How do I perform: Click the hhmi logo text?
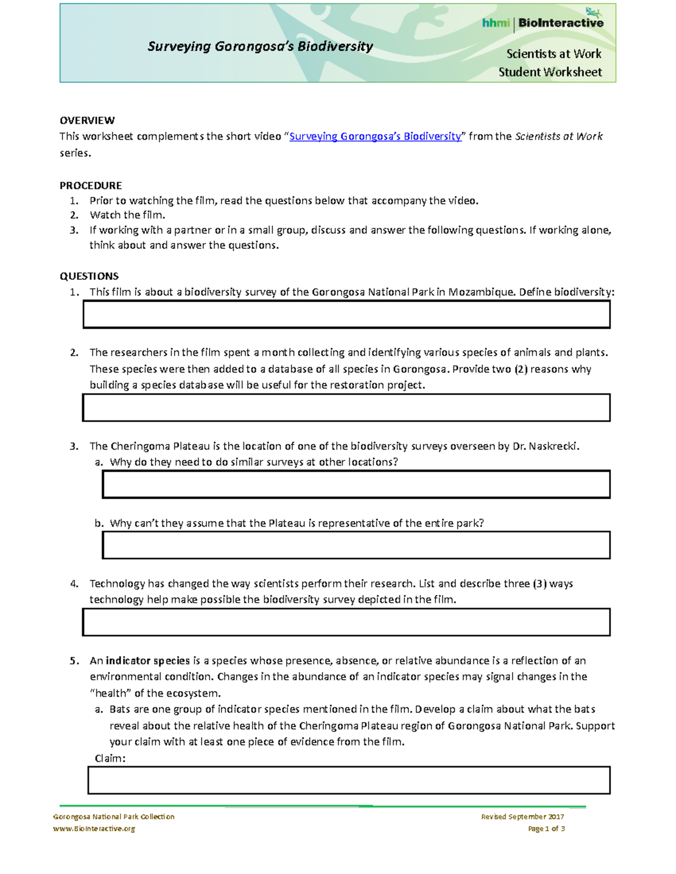point(496,23)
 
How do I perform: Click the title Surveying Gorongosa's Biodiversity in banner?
point(260,47)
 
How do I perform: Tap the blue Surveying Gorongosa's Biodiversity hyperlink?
point(375,136)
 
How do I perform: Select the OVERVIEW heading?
point(87,120)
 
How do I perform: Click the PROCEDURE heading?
point(91,186)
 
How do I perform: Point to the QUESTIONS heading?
point(89,276)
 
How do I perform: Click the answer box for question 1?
point(346,315)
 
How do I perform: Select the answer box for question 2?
point(346,407)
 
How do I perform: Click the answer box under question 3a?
point(356,485)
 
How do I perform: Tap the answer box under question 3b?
point(356,545)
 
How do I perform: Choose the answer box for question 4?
point(346,622)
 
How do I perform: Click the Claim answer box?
point(349,781)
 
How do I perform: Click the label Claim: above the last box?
point(110,759)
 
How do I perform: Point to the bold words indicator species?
point(148,661)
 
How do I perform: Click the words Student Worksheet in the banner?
point(550,72)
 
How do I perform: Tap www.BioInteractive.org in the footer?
point(94,828)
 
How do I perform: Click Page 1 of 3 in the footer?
point(546,828)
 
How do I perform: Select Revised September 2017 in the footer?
point(522,817)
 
